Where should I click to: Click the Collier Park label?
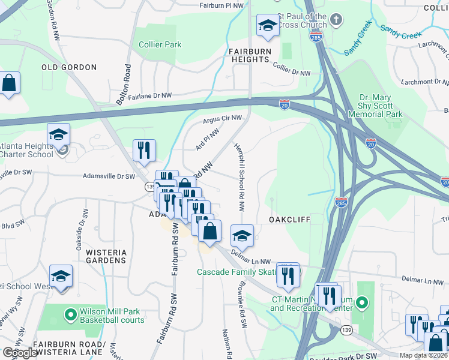[160, 44]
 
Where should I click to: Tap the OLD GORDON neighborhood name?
[69, 67]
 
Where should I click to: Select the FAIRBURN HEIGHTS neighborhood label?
[249, 55]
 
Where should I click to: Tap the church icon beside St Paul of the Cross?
[336, 20]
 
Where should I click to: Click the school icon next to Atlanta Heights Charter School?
[59, 134]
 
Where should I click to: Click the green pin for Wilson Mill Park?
[71, 313]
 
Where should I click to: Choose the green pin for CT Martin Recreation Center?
[361, 304]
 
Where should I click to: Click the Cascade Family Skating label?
[237, 272]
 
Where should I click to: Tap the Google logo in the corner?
[20, 353]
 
